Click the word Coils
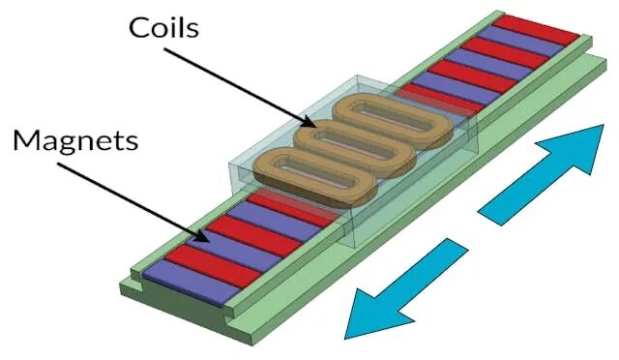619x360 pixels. click(163, 28)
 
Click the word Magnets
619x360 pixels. click(75, 140)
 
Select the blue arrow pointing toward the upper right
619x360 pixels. click(541, 175)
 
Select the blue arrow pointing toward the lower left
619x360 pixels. click(406, 288)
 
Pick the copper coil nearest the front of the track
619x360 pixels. click(314, 177)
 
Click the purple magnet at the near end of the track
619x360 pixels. click(192, 283)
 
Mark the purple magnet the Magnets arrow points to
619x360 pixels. click(234, 252)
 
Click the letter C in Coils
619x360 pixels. click(138, 28)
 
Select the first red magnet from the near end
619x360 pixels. click(213, 265)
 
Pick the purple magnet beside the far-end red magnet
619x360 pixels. click(520, 41)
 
